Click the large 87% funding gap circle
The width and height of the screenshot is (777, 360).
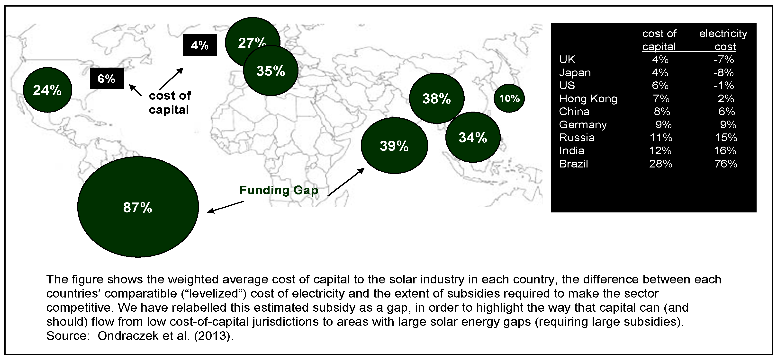tap(138, 207)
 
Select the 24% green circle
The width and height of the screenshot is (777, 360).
tap(47, 90)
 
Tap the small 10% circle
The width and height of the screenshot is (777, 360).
tap(509, 98)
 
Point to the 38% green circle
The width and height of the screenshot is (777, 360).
tap(436, 98)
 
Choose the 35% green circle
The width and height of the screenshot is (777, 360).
tap(271, 71)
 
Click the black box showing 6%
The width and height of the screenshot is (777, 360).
tap(107, 78)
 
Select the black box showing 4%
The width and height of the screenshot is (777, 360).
tap(200, 45)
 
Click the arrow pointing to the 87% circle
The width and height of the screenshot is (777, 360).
tap(226, 207)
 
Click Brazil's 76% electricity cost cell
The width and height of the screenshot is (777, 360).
tap(725, 164)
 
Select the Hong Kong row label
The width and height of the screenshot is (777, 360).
tap(588, 99)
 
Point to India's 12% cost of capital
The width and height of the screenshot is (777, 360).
tap(660, 150)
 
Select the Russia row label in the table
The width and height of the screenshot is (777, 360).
tap(577, 138)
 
